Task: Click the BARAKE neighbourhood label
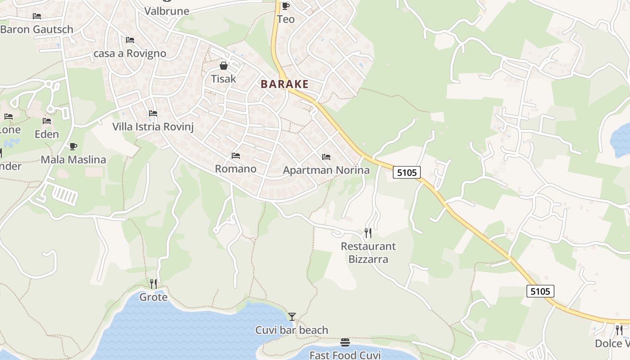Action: click(x=284, y=84)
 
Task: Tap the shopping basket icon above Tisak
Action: click(x=224, y=66)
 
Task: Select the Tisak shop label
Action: click(x=224, y=79)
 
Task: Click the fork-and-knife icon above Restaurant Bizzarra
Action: click(x=368, y=233)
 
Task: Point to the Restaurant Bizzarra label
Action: click(x=368, y=252)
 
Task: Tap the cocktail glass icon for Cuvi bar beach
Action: click(x=292, y=317)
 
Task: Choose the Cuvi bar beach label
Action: click(x=292, y=330)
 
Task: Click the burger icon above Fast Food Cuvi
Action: click(x=345, y=342)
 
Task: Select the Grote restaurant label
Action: click(x=153, y=297)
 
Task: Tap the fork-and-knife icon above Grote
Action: click(x=153, y=283)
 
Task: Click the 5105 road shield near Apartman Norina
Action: click(x=407, y=172)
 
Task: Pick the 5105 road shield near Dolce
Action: click(x=540, y=291)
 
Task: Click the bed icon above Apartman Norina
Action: click(x=326, y=157)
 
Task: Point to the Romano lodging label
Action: click(x=236, y=169)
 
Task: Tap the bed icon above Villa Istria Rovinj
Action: click(x=153, y=113)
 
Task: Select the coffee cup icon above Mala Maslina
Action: click(x=73, y=146)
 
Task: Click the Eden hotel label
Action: click(x=47, y=134)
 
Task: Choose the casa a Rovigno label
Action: click(x=130, y=54)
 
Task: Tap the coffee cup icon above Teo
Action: click(x=286, y=6)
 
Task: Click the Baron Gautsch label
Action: click(x=37, y=30)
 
